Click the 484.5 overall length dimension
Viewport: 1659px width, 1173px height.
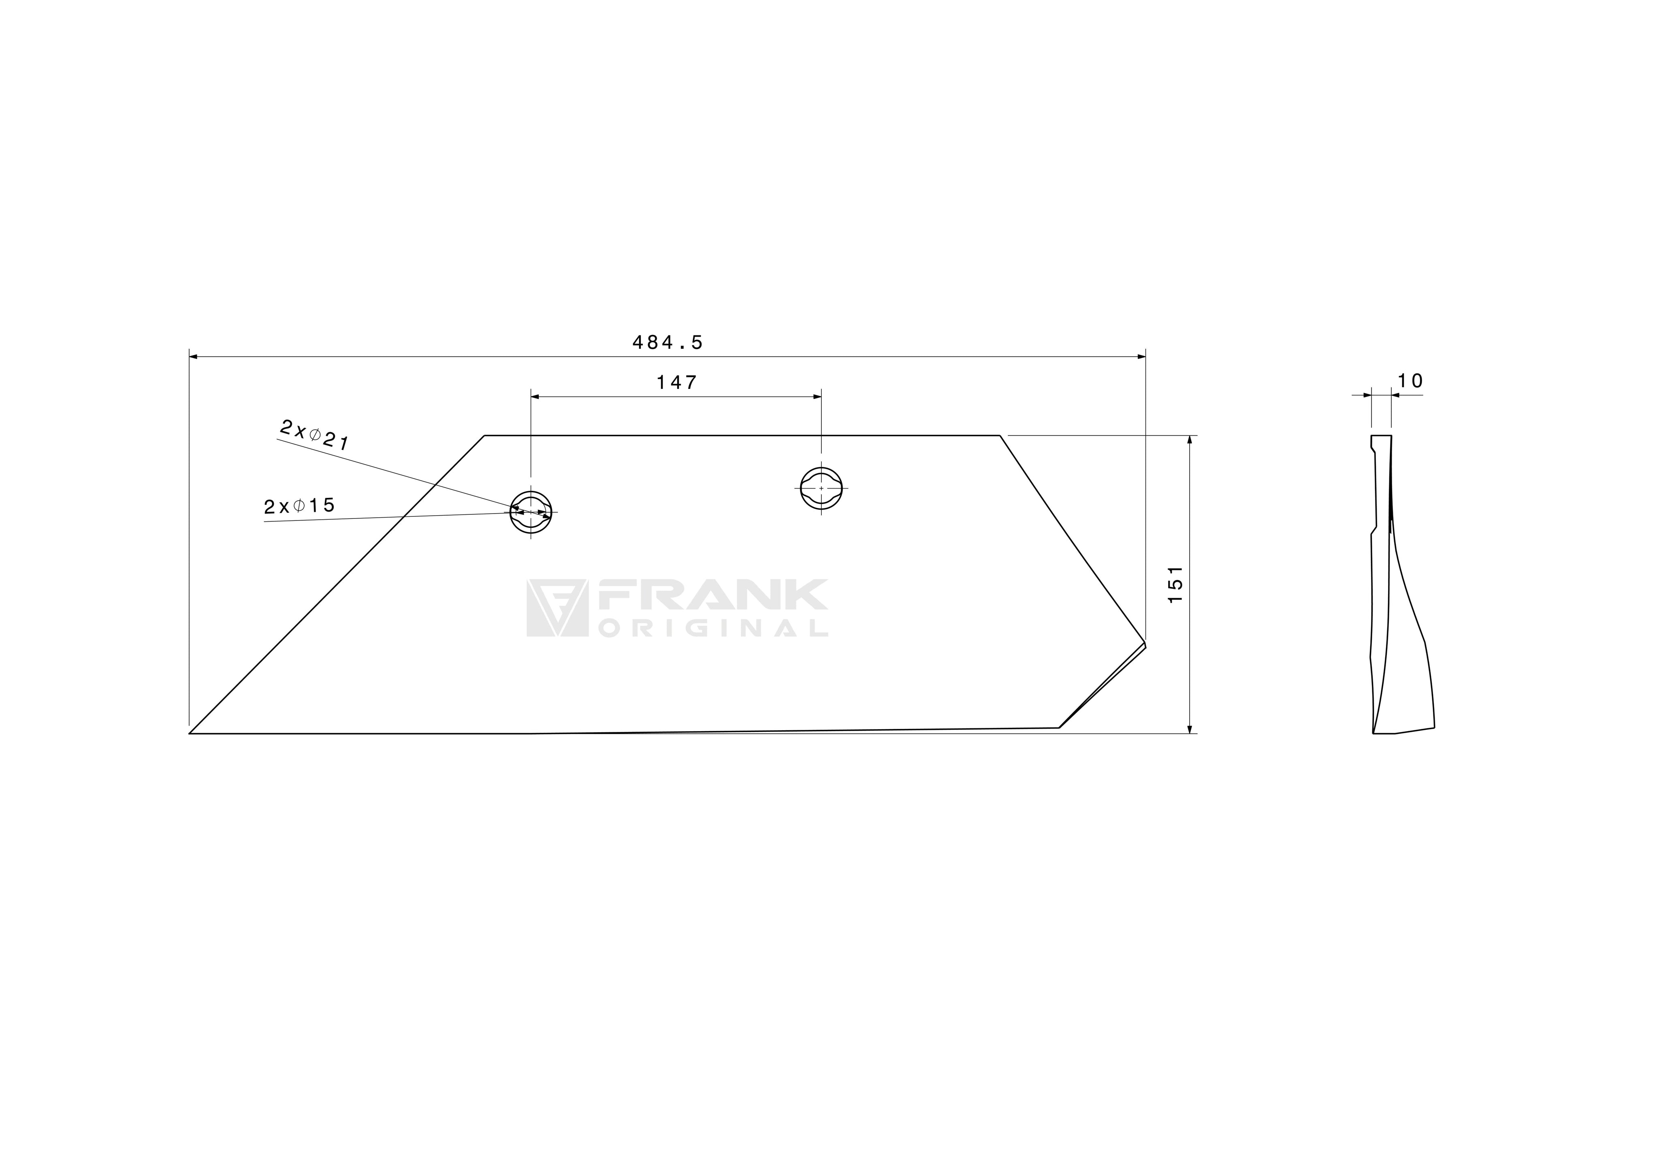click(667, 343)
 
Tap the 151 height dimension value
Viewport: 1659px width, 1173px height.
click(1176, 585)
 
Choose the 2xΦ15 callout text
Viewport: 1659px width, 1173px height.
click(299, 506)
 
